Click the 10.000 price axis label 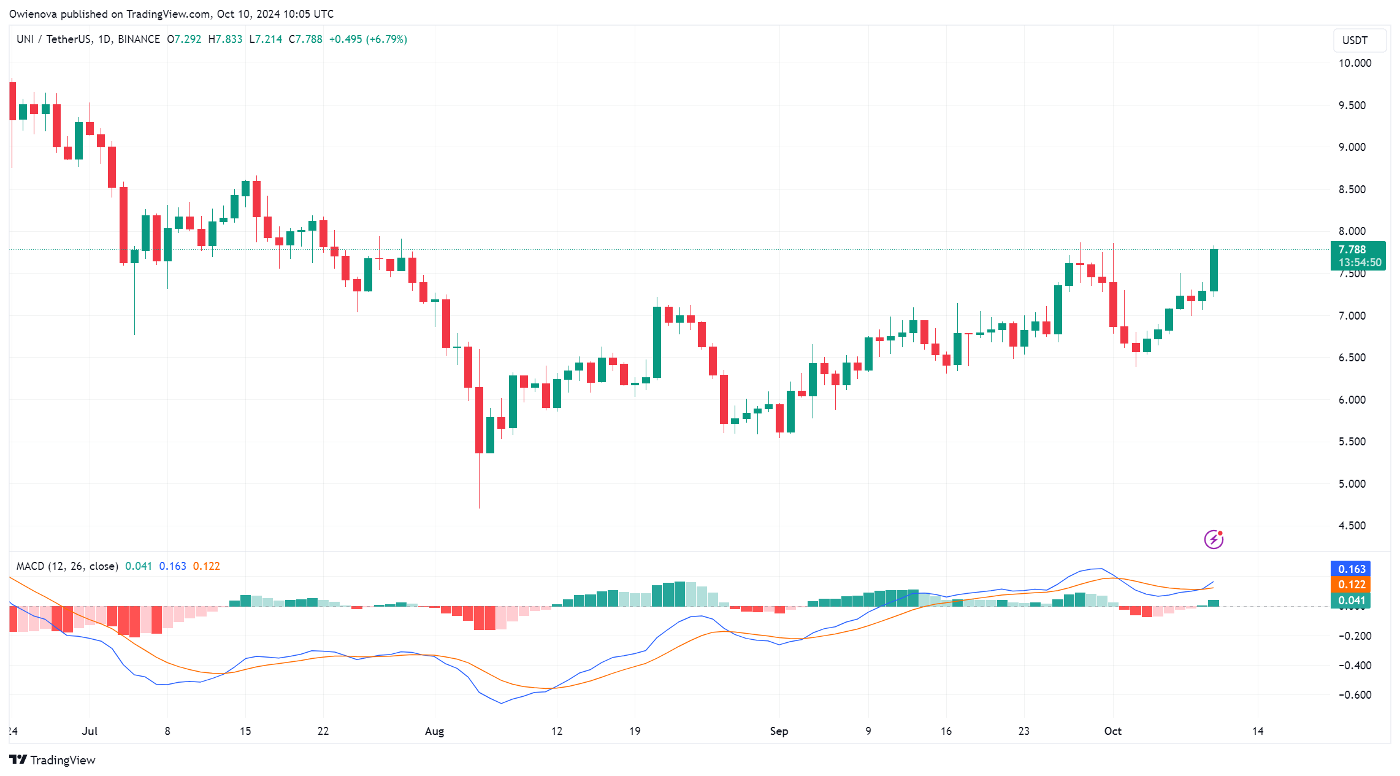point(1355,63)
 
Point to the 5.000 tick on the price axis point(1352,484)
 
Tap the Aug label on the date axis point(434,731)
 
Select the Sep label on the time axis point(779,731)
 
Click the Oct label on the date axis point(1112,731)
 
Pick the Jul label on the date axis point(90,731)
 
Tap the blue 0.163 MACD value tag point(1351,569)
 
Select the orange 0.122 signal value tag point(1351,585)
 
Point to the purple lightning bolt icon point(1214,539)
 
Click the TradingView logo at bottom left point(53,760)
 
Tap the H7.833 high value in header point(225,39)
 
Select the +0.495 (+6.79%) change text point(368,39)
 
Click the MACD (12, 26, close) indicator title point(67,566)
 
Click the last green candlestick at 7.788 point(1214,270)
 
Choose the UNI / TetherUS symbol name point(53,39)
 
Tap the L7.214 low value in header point(266,39)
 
